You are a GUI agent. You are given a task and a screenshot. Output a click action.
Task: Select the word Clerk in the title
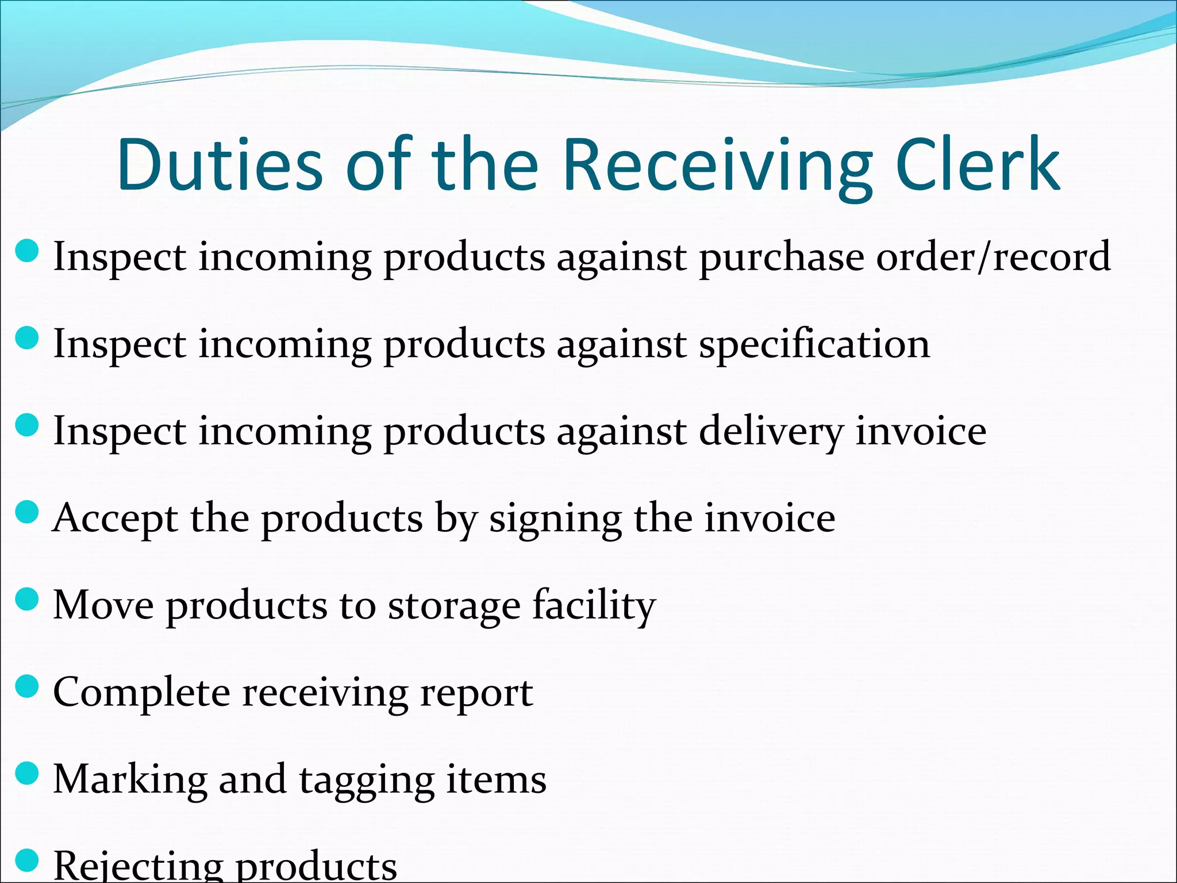coord(977,166)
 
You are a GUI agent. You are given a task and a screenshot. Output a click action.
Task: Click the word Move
coord(103,605)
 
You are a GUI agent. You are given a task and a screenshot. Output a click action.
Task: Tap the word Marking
coord(130,781)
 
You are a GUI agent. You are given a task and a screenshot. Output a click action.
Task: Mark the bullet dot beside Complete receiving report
coord(26,686)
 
